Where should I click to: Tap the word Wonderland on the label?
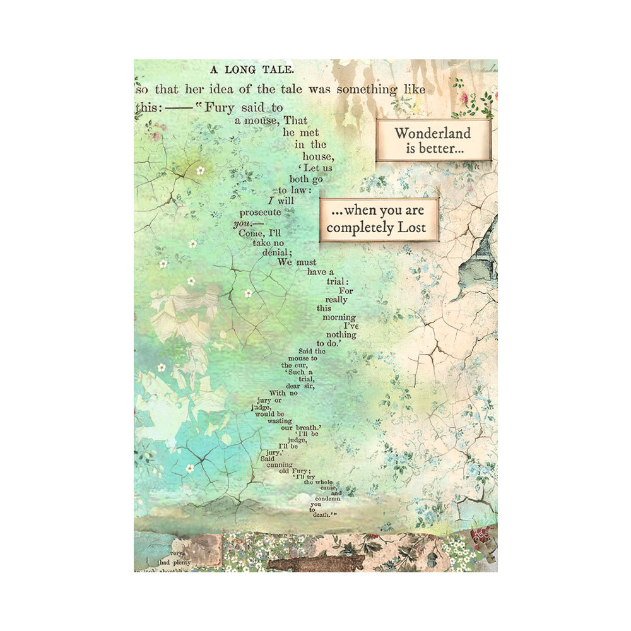tap(433, 133)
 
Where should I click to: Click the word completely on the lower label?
tap(359, 228)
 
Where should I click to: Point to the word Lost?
tap(411, 228)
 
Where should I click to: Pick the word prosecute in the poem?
tap(260, 213)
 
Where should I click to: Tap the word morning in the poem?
tap(339, 317)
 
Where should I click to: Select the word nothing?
tap(341, 334)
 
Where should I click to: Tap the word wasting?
tap(280, 420)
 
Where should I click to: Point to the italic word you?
tap(242, 223)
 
